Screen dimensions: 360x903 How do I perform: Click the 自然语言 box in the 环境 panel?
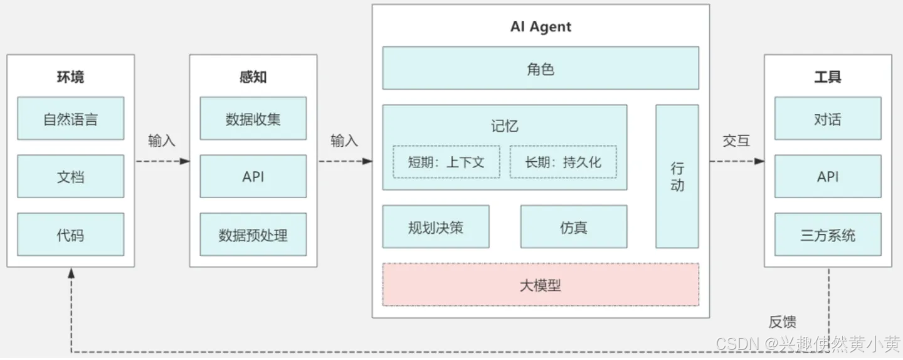coord(70,118)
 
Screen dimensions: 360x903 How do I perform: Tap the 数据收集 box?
coord(253,118)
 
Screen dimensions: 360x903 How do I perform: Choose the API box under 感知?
coord(253,176)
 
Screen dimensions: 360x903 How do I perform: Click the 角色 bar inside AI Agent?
coord(540,68)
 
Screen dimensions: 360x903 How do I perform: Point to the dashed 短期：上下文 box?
coord(446,162)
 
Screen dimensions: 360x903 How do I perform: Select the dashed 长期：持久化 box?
coord(562,162)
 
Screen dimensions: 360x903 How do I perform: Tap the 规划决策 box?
coord(435,226)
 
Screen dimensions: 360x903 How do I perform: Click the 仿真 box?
coord(573,226)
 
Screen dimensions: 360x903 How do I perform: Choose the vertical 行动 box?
coord(677,176)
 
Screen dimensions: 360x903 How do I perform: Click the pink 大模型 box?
coord(540,285)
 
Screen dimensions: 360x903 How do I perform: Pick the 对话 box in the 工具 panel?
coord(827,118)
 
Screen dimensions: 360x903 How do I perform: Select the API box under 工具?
coord(827,176)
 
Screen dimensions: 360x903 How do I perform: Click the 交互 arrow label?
coord(736,140)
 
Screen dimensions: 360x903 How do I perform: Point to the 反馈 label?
coord(782,322)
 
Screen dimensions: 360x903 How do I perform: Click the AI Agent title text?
coord(540,27)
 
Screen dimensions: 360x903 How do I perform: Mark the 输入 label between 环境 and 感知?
coord(161,140)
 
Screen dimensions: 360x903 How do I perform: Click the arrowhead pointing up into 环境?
coord(71,273)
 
